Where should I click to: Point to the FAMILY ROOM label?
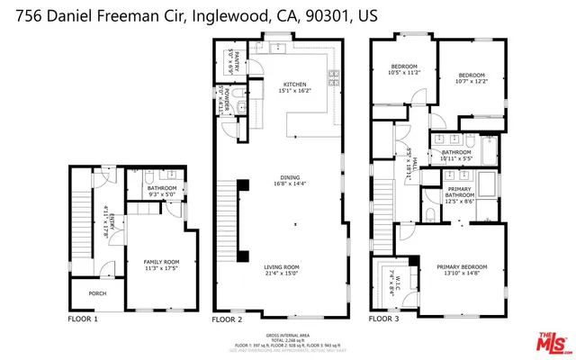[x=162, y=261]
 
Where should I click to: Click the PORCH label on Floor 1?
[x=96, y=293]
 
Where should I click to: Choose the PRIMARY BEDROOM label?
[x=462, y=266]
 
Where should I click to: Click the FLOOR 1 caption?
[x=83, y=319]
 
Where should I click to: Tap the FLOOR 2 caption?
[x=227, y=319]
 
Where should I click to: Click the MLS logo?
[x=552, y=342]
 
